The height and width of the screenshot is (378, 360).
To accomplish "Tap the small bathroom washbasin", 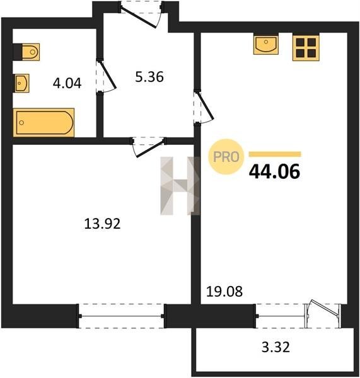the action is point(21,83).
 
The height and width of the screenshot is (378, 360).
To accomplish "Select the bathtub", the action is point(44,122).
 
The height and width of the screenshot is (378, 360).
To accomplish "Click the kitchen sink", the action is point(266,44).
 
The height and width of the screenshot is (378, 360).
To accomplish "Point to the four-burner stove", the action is point(306,47).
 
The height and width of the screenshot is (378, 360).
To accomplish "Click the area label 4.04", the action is point(67,83).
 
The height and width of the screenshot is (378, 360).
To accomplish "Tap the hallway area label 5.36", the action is point(149,77).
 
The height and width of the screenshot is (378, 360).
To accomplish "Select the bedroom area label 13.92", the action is point(102,224).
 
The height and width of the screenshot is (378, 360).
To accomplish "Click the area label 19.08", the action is point(224,291).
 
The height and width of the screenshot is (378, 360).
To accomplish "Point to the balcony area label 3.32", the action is point(276,347).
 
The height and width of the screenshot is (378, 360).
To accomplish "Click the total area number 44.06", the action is point(275,171).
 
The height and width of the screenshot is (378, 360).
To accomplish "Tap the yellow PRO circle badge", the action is point(226,157).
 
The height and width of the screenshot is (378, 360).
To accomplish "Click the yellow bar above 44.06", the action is point(275,154).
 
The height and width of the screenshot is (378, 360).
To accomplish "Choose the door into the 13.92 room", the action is point(148,147).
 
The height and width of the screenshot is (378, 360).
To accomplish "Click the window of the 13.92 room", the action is point(121,316).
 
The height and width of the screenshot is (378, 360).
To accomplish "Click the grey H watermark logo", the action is point(180,186).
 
